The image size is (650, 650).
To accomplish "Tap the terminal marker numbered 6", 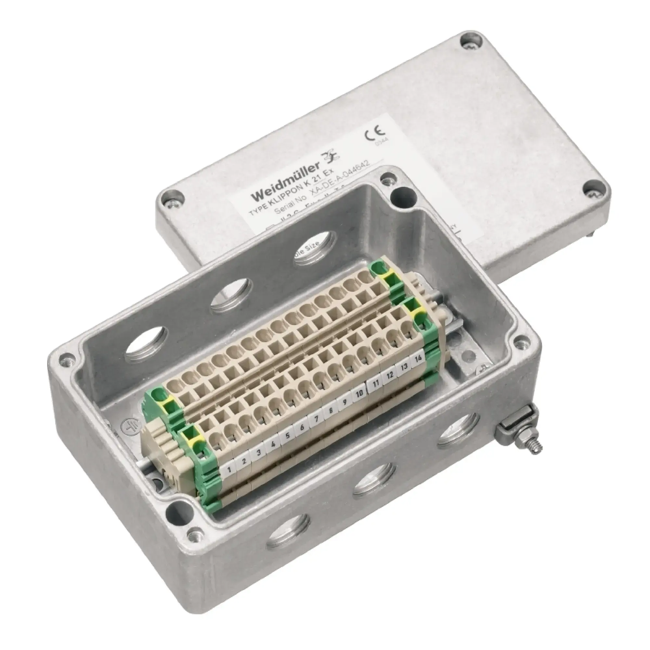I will click(x=302, y=428).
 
